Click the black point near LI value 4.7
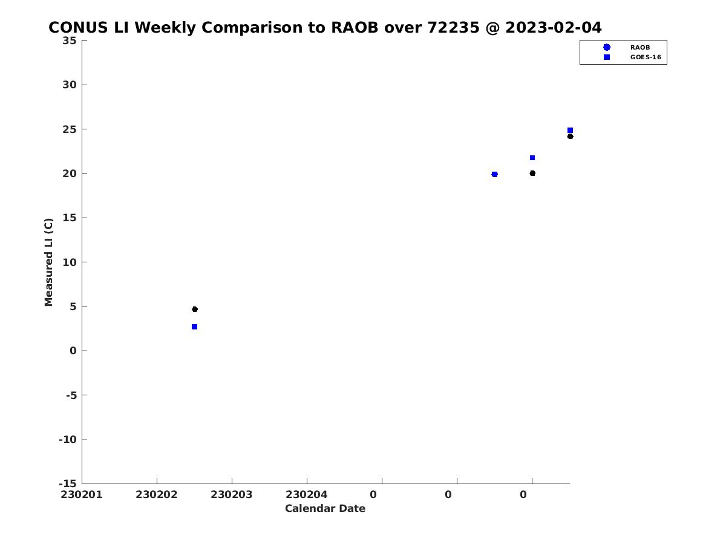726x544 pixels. pyautogui.click(x=195, y=309)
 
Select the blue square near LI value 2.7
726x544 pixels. pyautogui.click(x=194, y=326)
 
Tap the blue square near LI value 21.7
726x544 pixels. pyautogui.click(x=532, y=158)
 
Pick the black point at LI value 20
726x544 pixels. pyautogui.click(x=532, y=173)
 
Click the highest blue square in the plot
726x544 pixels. pyautogui.click(x=570, y=131)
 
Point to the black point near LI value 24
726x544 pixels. pyautogui.click(x=570, y=137)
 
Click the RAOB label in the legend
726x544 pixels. pyautogui.click(x=639, y=48)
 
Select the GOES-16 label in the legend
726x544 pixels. pyautogui.click(x=646, y=57)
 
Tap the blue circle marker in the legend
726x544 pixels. pyautogui.click(x=607, y=47)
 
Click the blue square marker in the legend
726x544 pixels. pyautogui.click(x=607, y=57)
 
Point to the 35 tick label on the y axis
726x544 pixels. pyautogui.click(x=70, y=40)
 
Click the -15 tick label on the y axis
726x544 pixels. pyautogui.click(x=68, y=484)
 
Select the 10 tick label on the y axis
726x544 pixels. pyautogui.click(x=70, y=262)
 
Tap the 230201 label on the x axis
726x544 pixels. pyautogui.click(x=81, y=494)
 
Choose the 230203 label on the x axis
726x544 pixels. pyautogui.click(x=232, y=494)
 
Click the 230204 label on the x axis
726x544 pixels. pyautogui.click(x=307, y=494)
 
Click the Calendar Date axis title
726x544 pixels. pyautogui.click(x=325, y=508)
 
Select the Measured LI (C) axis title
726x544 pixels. pyautogui.click(x=48, y=262)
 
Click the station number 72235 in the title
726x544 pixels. pyautogui.click(x=454, y=27)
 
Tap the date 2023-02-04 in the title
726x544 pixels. pyautogui.click(x=554, y=27)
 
